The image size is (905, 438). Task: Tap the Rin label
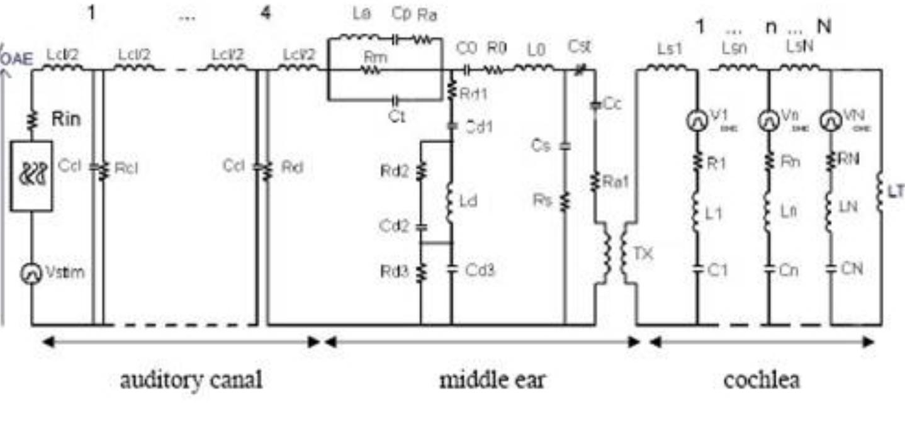[x=66, y=119]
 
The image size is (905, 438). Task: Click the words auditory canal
[x=191, y=380]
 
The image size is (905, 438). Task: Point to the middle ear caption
[x=492, y=380]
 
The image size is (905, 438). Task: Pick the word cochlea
[x=762, y=380]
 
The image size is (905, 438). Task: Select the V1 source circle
[x=697, y=121]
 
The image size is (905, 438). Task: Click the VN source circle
[x=831, y=120]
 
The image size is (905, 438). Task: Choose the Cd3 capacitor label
[x=481, y=271]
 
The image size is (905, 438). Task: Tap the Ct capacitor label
[x=396, y=117]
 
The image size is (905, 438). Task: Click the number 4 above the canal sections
[x=266, y=13]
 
